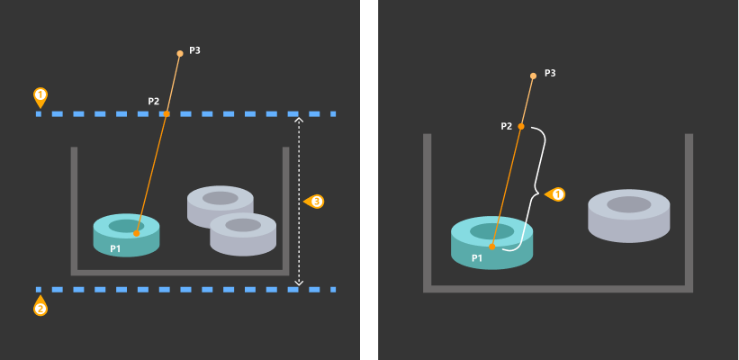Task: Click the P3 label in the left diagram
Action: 194,51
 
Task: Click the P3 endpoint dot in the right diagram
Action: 533,76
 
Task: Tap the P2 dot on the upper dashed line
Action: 167,114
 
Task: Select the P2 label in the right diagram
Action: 507,126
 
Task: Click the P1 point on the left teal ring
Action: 136,234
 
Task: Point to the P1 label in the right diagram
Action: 477,258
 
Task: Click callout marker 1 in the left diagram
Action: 40,95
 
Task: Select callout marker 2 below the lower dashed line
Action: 40,308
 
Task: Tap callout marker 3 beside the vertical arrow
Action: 315,202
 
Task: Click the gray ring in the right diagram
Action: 628,216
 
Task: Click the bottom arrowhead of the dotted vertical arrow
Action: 300,283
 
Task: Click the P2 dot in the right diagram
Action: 521,126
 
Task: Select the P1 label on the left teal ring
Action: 115,248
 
